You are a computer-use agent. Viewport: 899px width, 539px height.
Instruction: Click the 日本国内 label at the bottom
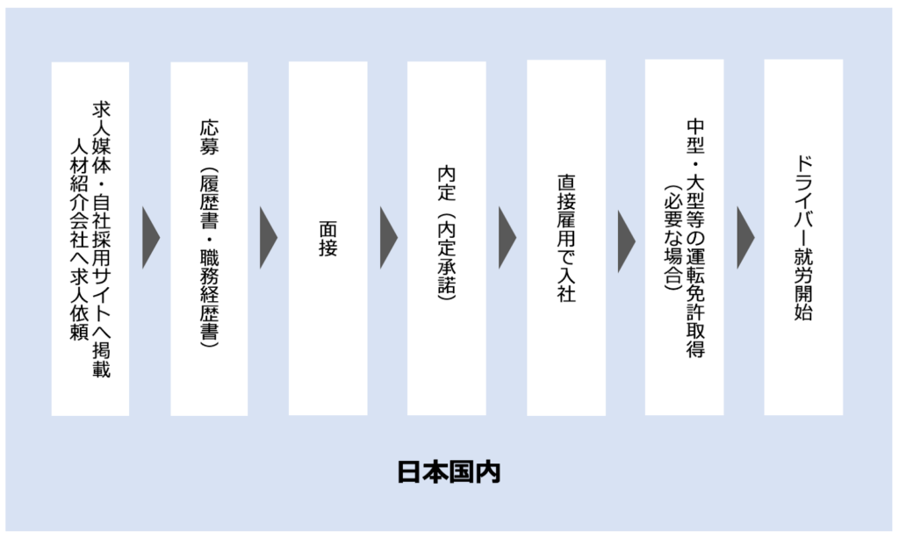tap(449, 471)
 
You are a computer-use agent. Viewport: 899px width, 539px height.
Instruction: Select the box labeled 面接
tap(327, 238)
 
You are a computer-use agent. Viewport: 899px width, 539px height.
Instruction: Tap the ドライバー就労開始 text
tap(802, 238)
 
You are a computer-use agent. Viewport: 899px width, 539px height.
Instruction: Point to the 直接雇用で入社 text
tap(565, 238)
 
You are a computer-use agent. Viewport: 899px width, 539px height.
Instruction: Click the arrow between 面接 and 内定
tap(388, 238)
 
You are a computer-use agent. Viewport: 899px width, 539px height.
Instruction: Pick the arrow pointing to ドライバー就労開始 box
tap(745, 238)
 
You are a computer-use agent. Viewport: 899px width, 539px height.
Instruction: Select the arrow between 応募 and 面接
tap(269, 238)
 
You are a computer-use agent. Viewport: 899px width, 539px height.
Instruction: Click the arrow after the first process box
tap(150, 238)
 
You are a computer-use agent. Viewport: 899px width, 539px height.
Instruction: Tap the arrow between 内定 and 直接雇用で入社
tap(507, 238)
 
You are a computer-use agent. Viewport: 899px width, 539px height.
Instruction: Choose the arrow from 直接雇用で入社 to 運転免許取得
tap(626, 238)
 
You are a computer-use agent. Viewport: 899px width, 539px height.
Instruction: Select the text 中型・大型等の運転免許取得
tap(695, 238)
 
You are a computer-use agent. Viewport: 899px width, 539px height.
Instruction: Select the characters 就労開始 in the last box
tap(802, 282)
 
